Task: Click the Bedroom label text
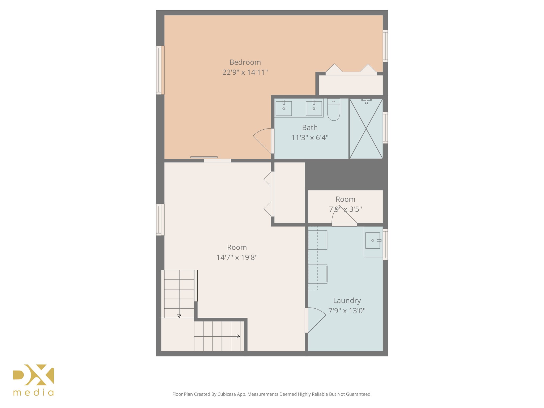[x=245, y=62]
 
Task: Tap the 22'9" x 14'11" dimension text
[x=245, y=72]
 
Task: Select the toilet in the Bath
[x=334, y=110]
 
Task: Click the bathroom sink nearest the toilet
[x=314, y=108]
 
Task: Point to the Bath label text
[x=310, y=127]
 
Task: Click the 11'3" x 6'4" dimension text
[x=310, y=138]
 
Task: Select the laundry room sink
[x=372, y=240]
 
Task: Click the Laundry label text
[x=347, y=300]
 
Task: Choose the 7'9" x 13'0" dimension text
[x=347, y=311]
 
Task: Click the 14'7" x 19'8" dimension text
[x=237, y=257]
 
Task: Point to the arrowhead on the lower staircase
[x=238, y=336]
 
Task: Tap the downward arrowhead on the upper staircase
[x=179, y=316]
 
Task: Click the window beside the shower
[x=385, y=128]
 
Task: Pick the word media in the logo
[x=33, y=393]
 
